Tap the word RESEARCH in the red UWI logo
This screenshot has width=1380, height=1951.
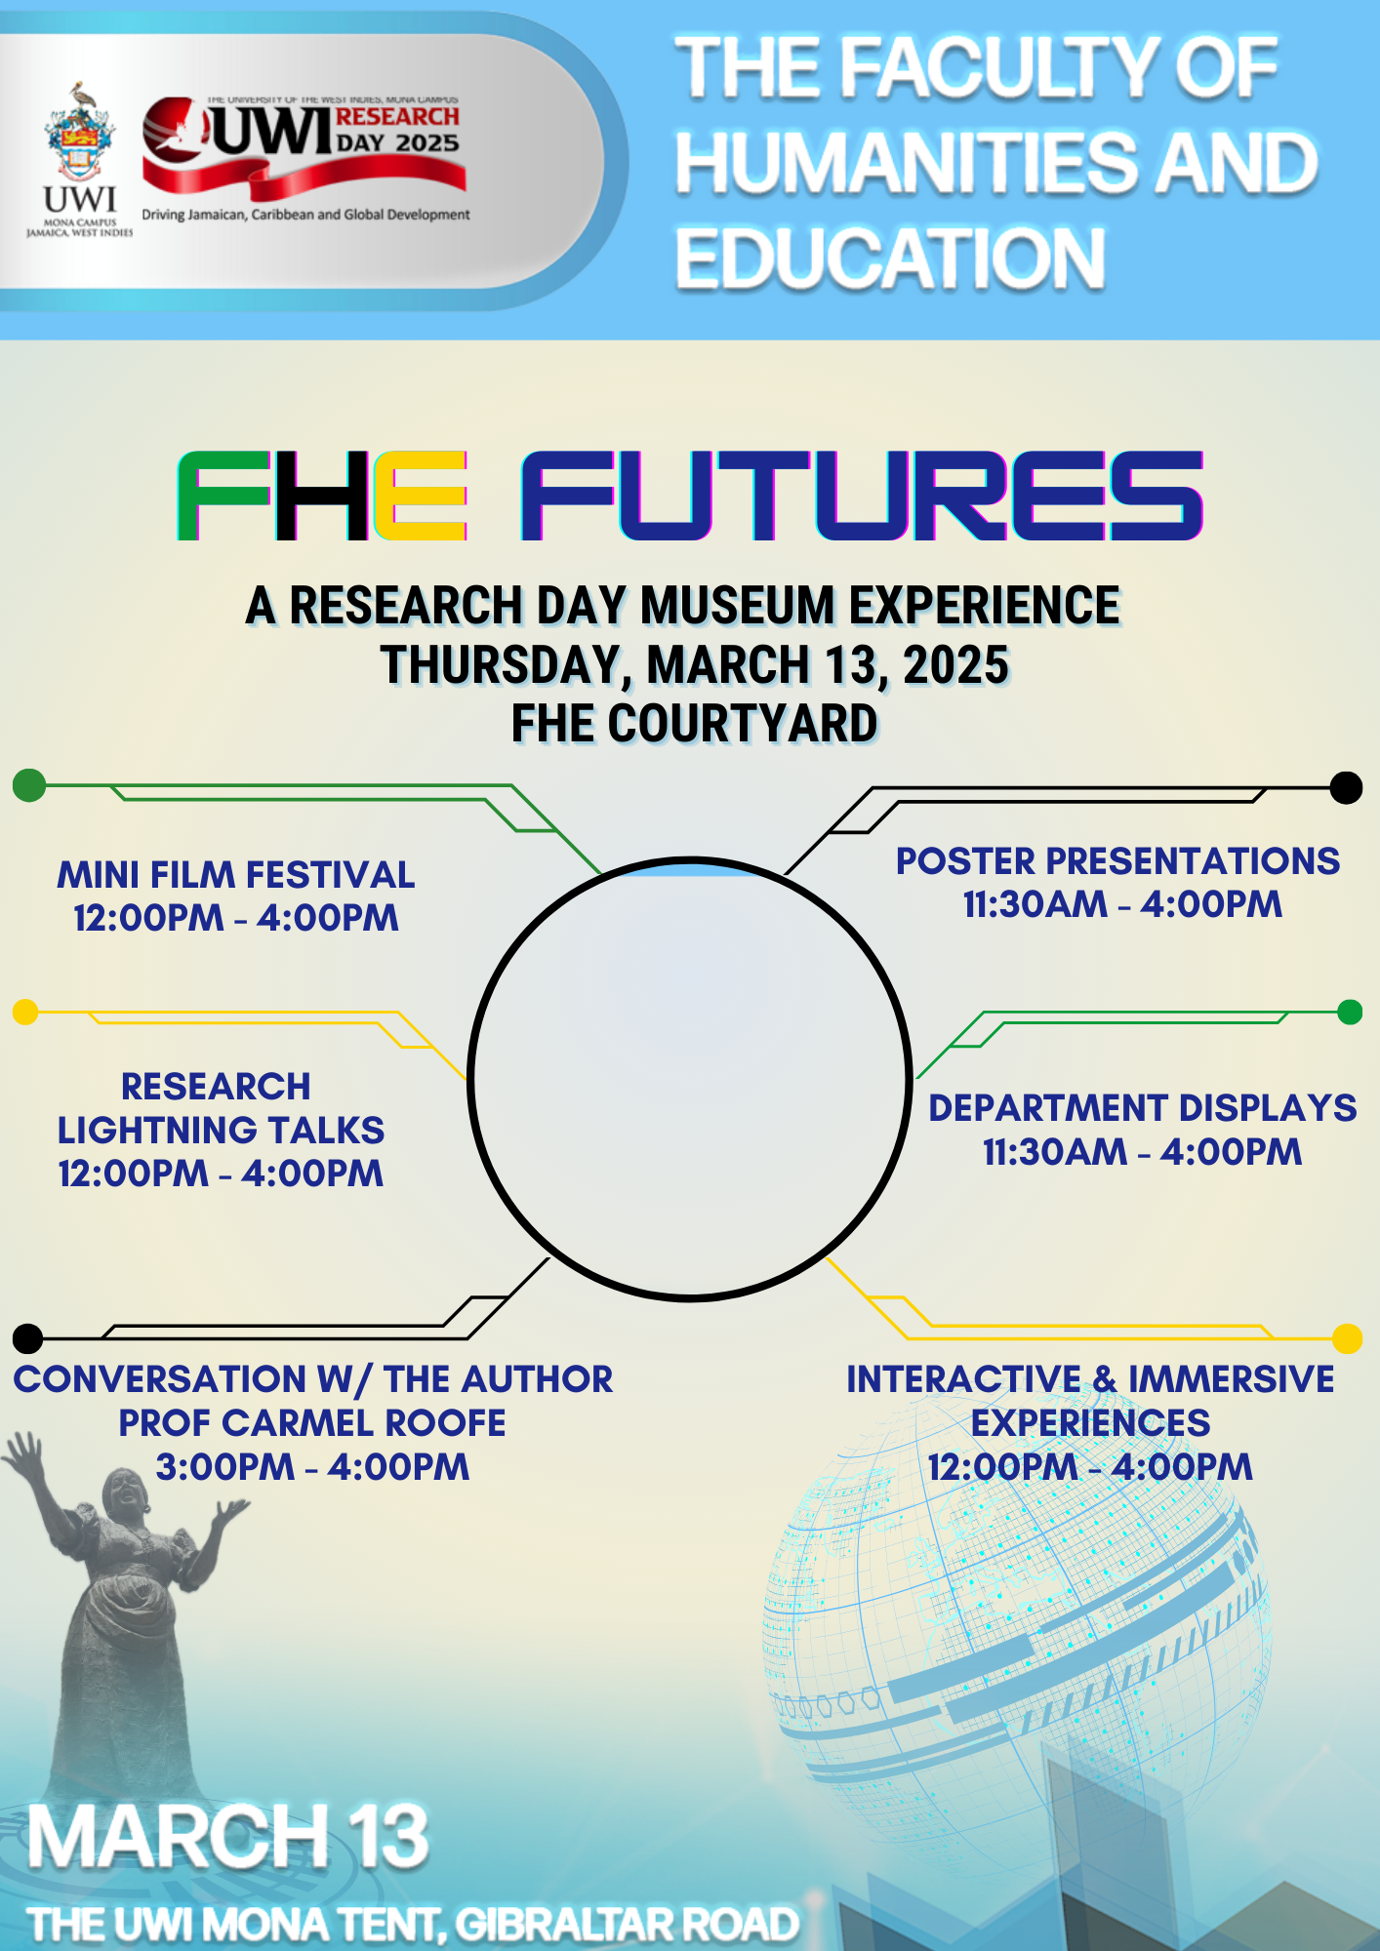[x=397, y=117]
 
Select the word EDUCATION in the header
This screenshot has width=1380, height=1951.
[x=890, y=259]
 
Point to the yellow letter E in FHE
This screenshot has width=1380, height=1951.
[x=420, y=496]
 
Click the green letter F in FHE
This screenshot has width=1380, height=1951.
[x=223, y=496]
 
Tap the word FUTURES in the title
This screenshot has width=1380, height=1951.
[x=862, y=496]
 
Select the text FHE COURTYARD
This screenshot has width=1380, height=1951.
[x=694, y=724]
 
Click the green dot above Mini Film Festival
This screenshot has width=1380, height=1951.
[x=29, y=784]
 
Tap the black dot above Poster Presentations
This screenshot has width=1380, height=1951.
[x=1347, y=787]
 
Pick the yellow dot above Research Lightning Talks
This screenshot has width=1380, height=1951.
[x=25, y=1012]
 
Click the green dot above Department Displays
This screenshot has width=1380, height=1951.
[x=1350, y=1013]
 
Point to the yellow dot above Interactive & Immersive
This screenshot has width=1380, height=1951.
[x=1348, y=1338]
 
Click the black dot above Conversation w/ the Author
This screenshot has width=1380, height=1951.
[x=28, y=1338]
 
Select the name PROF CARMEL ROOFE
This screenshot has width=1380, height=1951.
[x=312, y=1423]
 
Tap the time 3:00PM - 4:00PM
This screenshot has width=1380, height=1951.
[x=312, y=1467]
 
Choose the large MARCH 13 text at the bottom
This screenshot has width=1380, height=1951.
[x=228, y=1836]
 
